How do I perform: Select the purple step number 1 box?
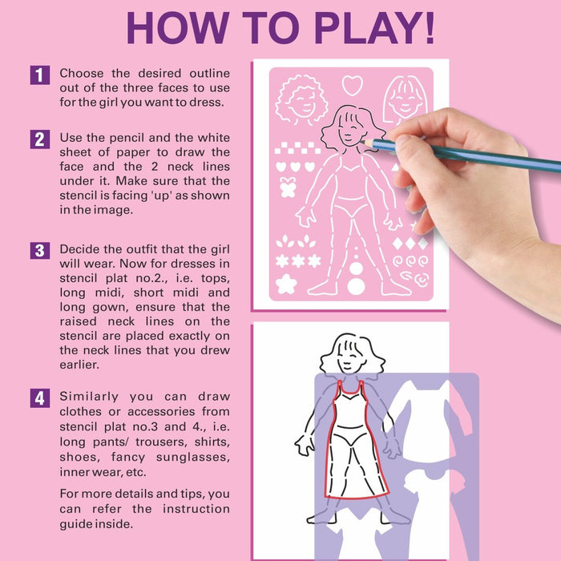(40, 75)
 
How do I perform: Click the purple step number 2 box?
(40, 139)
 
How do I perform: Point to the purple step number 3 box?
(40, 250)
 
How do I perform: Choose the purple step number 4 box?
(40, 398)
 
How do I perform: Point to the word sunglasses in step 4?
(194, 457)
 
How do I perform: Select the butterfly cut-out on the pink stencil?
(288, 188)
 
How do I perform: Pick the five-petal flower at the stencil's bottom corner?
(286, 283)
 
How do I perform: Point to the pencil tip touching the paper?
(362, 141)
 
